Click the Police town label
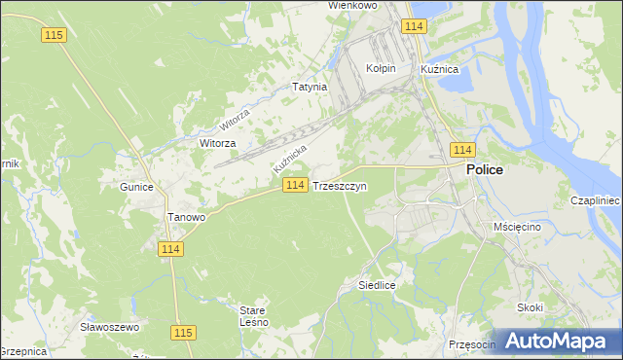(x=485, y=169)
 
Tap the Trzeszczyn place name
(x=340, y=186)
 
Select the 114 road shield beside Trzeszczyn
(x=297, y=185)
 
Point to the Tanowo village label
(x=186, y=217)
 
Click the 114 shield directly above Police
(x=462, y=149)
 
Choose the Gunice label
(x=136, y=186)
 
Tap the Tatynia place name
(x=310, y=87)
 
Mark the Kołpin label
(x=380, y=69)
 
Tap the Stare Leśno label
(x=253, y=316)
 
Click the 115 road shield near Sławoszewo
(x=182, y=332)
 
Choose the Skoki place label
(x=531, y=307)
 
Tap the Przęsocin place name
(x=473, y=343)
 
